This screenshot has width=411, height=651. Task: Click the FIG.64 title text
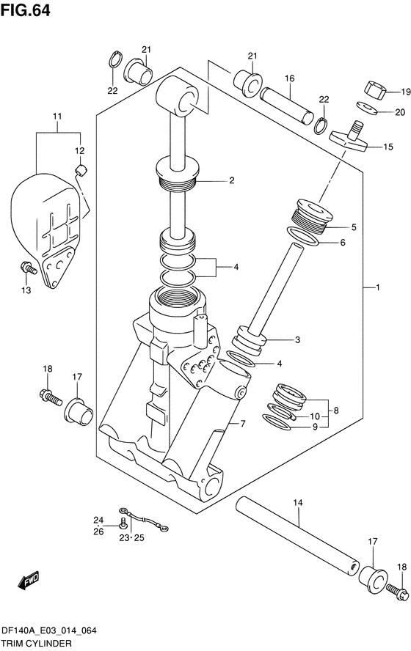click(26, 10)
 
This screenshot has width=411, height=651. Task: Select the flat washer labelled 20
click(367, 108)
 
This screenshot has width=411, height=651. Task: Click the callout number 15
click(388, 147)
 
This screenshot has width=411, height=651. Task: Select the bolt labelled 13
click(29, 268)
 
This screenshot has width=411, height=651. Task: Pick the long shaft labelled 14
click(297, 537)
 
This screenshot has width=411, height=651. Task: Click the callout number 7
click(243, 424)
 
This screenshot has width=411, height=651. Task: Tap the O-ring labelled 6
click(303, 236)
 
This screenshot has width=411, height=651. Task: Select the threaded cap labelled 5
click(313, 215)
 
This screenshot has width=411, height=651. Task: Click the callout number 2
click(232, 180)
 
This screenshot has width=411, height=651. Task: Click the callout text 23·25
click(131, 538)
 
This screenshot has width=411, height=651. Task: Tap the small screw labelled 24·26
click(123, 524)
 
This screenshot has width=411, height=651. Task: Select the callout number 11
click(57, 117)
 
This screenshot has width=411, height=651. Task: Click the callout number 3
click(297, 340)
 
